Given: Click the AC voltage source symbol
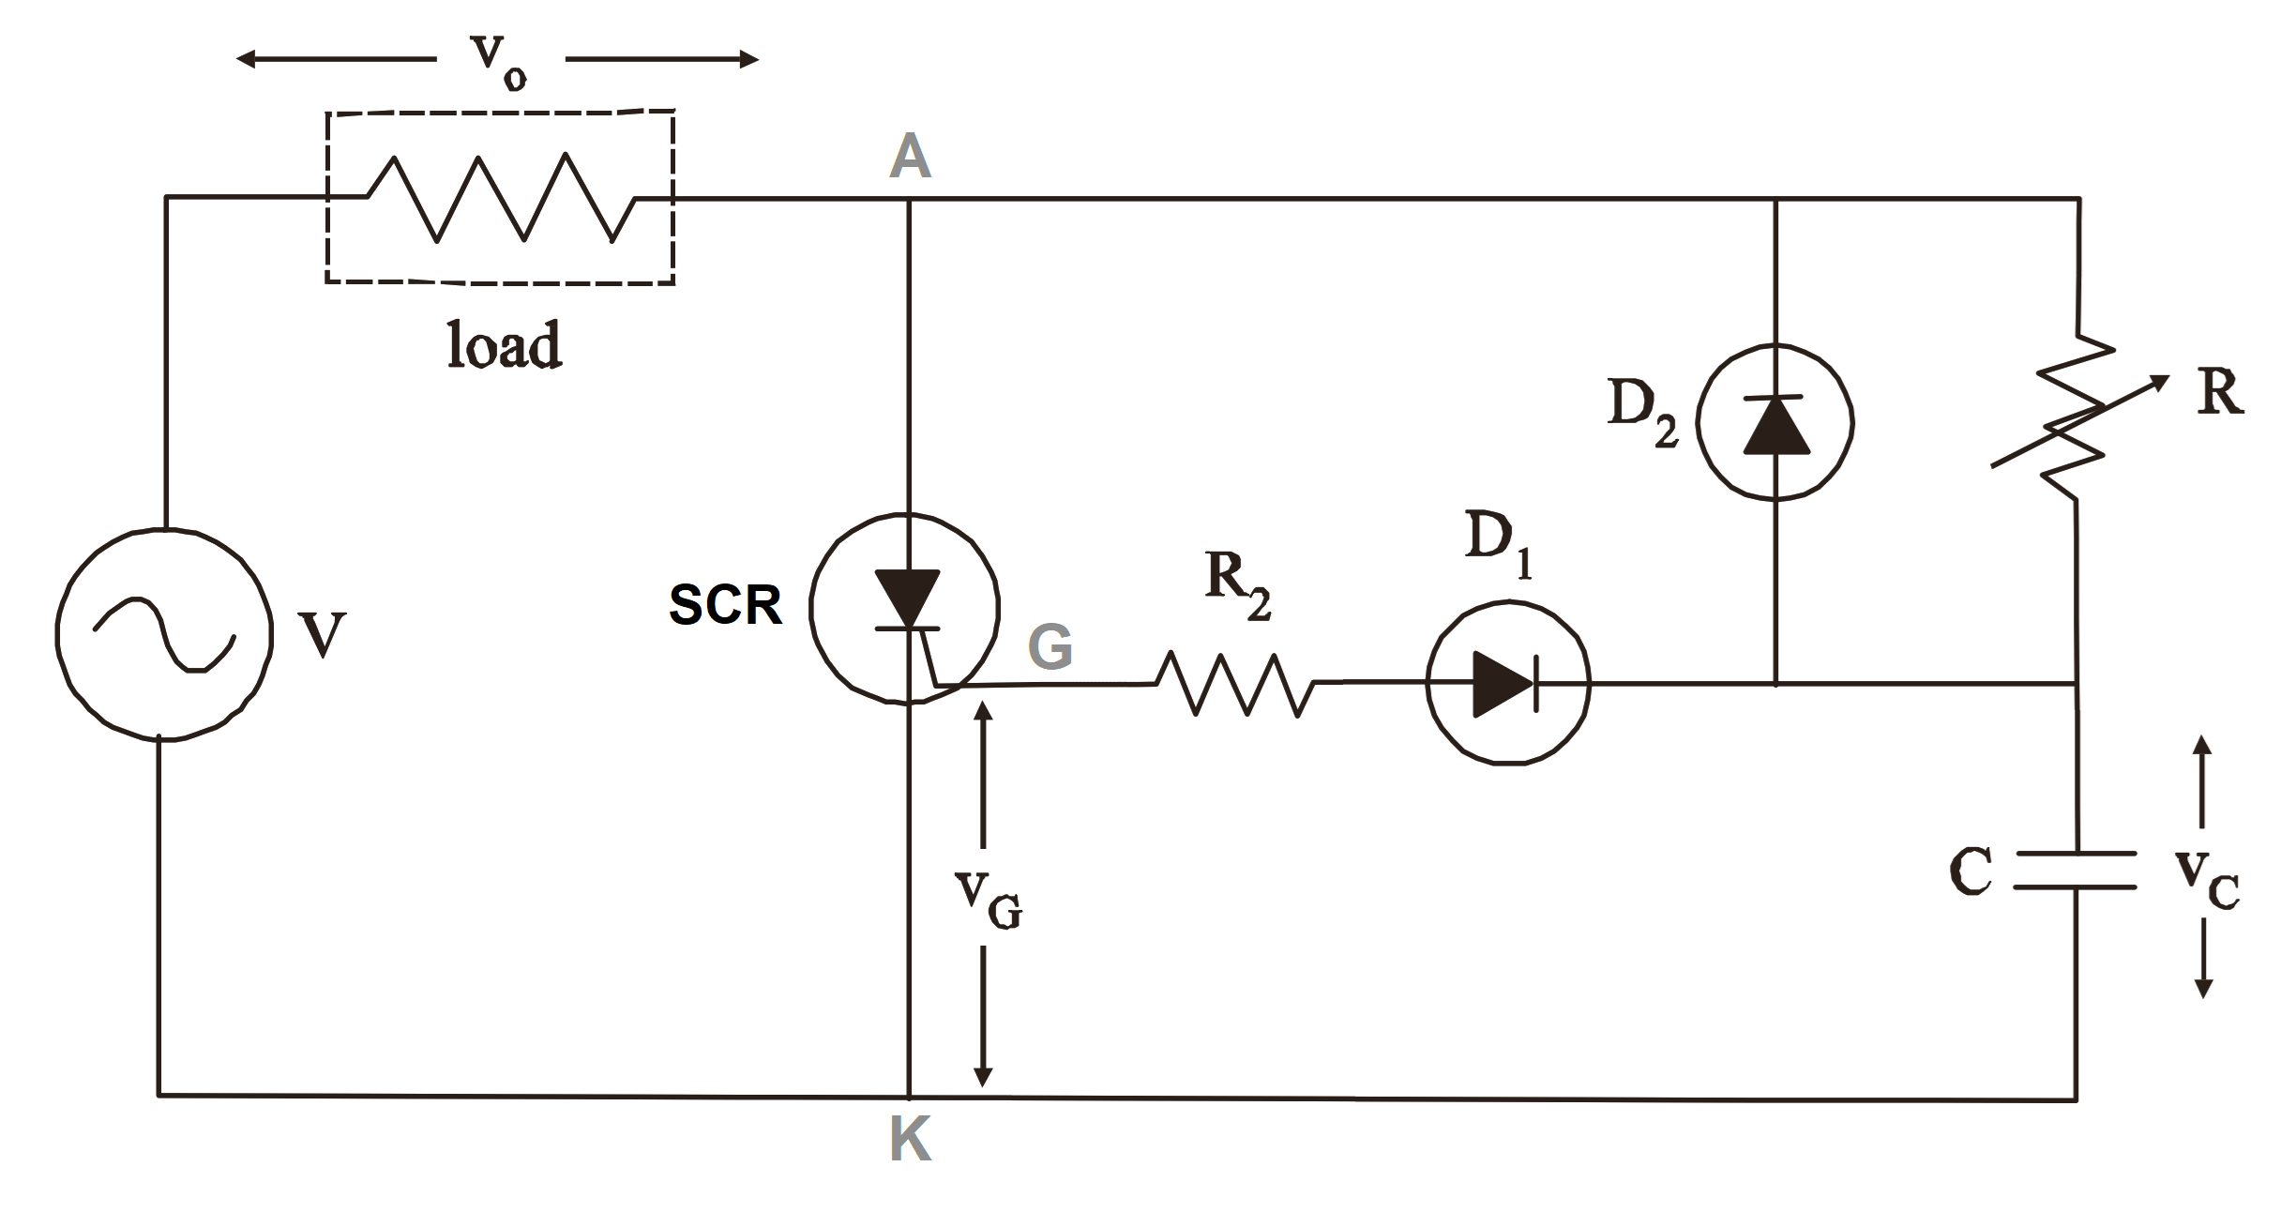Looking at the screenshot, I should pyautogui.click(x=164, y=635).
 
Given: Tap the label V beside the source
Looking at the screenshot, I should pyautogui.click(x=322, y=635).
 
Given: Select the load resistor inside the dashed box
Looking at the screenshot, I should pyautogui.click(x=501, y=198).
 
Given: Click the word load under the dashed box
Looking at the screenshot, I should pyautogui.click(x=504, y=344).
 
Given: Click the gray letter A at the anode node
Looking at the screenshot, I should pyautogui.click(x=909, y=156).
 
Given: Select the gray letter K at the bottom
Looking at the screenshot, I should pyautogui.click(x=909, y=1141).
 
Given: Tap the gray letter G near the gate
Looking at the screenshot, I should pyautogui.click(x=1050, y=647).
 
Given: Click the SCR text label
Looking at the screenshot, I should pyautogui.click(x=724, y=605).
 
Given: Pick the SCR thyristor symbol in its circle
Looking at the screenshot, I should pyautogui.click(x=905, y=608).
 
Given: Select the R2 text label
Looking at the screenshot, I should pyautogui.click(x=1237, y=585).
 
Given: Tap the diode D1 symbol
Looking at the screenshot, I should pyautogui.click(x=1507, y=683).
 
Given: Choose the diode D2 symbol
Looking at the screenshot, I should pyautogui.click(x=1775, y=422).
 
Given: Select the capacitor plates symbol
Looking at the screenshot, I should pyautogui.click(x=2077, y=870).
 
